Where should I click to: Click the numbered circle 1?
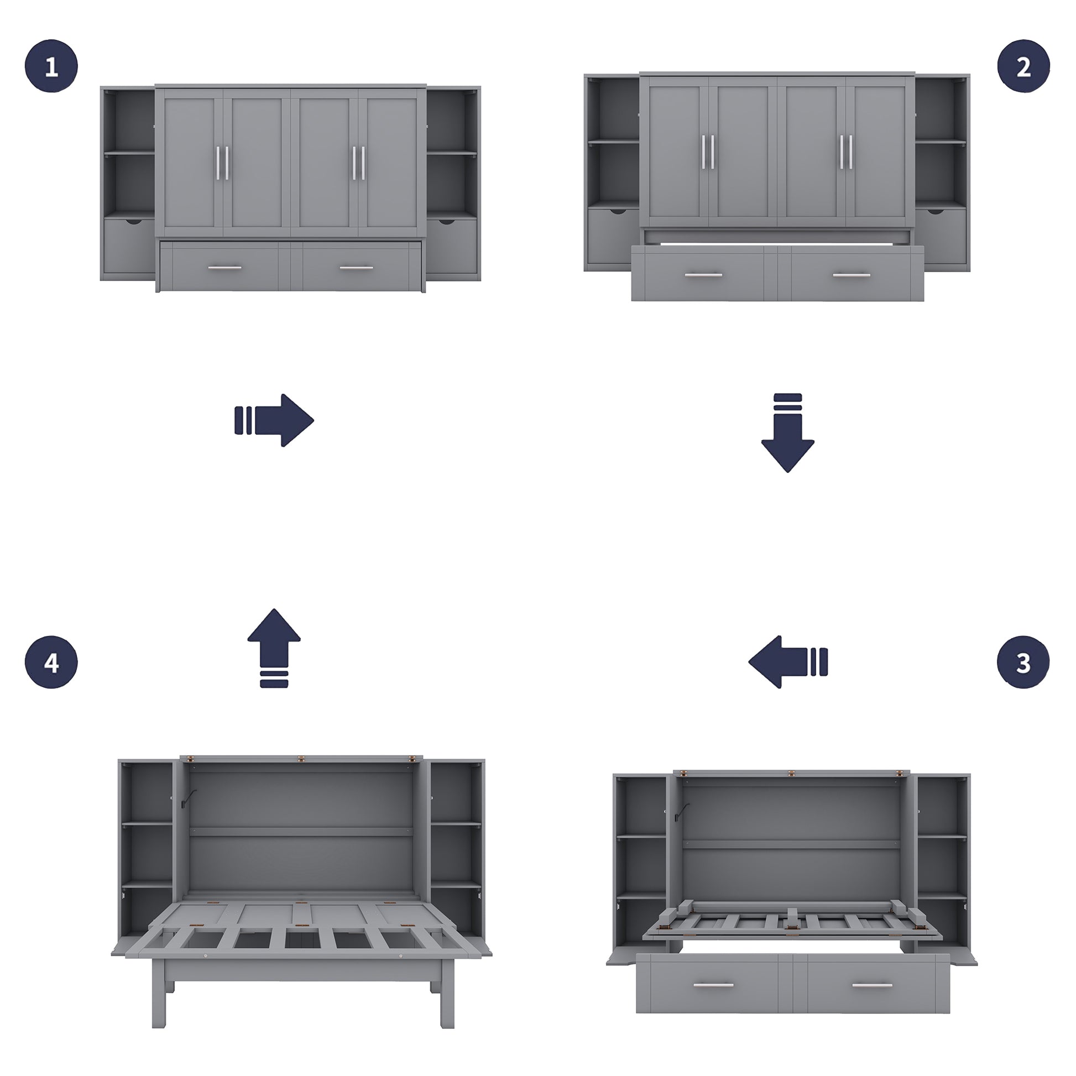point(51,66)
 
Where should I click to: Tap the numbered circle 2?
point(1023,66)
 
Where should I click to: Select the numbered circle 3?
point(1023,662)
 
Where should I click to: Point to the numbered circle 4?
point(51,662)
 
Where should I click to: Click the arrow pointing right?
point(274,420)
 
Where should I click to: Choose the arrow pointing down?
point(787,433)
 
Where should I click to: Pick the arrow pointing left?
point(787,662)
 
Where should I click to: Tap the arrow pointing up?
point(274,647)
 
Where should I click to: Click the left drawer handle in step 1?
point(225,268)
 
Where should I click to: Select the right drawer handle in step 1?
point(357,268)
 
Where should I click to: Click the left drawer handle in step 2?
point(703,275)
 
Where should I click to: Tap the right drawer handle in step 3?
point(872,985)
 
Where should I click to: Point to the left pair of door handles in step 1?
point(223,163)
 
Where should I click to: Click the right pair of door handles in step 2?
point(846,152)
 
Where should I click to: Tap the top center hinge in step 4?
point(301,759)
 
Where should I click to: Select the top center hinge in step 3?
point(791,773)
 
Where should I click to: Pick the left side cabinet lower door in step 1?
point(129,246)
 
